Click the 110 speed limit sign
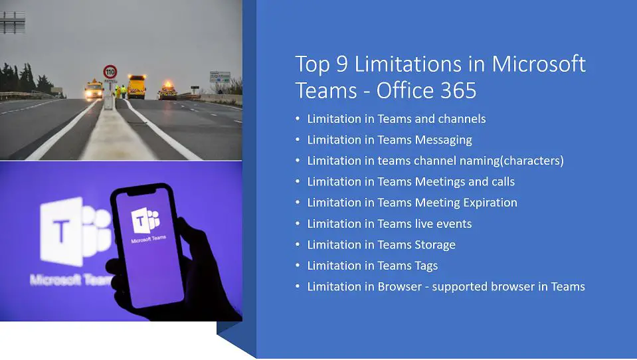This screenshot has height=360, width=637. click(110, 71)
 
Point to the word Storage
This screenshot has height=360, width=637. click(435, 244)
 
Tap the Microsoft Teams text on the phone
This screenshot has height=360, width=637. click(149, 240)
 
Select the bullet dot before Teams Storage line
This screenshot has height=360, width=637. click(298, 245)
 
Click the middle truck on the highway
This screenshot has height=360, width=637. click(136, 86)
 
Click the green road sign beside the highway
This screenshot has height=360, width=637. click(220, 76)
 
